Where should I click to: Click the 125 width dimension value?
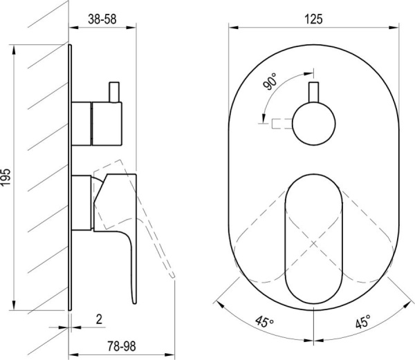(314, 19)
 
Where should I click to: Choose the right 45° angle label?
(362, 321)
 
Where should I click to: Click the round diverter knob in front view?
(314, 124)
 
